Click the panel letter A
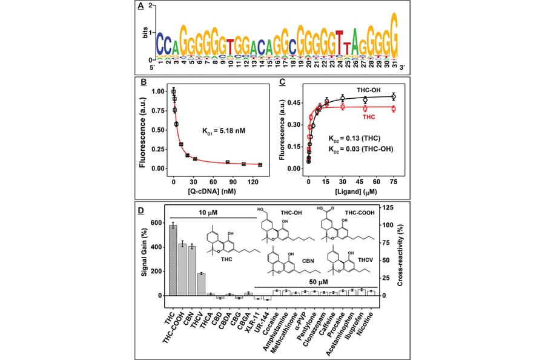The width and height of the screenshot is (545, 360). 140,7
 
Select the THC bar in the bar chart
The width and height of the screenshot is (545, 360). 173,260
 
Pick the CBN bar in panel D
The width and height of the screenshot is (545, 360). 192,271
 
